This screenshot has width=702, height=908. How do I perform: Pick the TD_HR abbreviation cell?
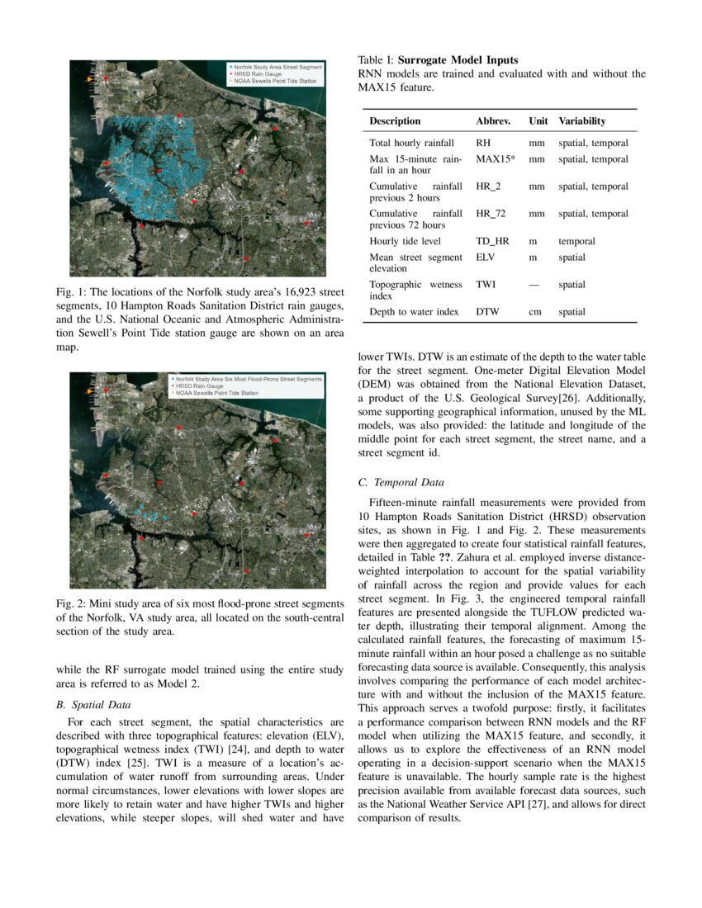point(493,241)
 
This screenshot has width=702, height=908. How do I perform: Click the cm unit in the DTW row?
point(535,312)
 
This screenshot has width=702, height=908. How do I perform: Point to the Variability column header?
point(581,121)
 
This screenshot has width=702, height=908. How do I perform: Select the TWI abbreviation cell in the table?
point(486,285)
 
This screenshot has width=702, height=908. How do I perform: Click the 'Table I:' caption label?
point(376,60)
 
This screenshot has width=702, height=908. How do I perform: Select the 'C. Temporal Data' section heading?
point(401,483)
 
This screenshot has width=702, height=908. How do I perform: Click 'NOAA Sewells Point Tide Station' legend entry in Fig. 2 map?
point(216,393)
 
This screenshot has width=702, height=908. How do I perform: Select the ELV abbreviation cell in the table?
point(486,258)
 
